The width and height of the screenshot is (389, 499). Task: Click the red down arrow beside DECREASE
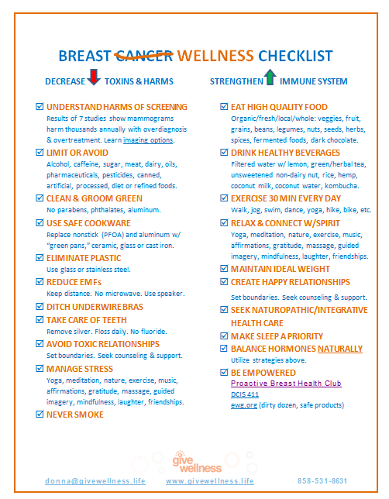(94, 78)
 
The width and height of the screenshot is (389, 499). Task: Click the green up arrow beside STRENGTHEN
(270, 78)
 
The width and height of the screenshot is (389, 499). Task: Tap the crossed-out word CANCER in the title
(144, 56)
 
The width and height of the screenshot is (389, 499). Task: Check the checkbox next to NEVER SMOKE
(40, 415)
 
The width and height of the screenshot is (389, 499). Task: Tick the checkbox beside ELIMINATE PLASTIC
(40, 257)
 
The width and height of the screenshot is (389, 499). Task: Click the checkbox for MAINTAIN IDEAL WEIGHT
(224, 269)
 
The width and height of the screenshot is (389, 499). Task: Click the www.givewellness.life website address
(210, 481)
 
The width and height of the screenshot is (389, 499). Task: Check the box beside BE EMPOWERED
(224, 373)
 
